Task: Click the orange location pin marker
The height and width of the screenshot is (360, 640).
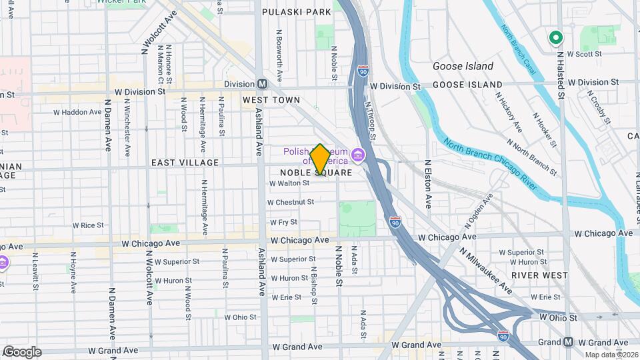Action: (320, 159)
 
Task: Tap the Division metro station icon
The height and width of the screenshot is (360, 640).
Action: (263, 83)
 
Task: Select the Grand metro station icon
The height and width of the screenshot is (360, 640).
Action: (567, 342)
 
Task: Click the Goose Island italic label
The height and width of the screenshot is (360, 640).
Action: (463, 66)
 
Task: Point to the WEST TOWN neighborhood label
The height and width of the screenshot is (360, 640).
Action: (271, 100)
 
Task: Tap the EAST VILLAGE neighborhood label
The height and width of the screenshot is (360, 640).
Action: (185, 163)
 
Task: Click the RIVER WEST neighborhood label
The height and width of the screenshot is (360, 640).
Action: (539, 275)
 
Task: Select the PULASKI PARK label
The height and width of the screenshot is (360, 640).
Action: (296, 12)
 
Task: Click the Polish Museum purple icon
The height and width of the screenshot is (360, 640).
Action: (358, 156)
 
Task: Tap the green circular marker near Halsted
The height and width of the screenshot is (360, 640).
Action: (555, 38)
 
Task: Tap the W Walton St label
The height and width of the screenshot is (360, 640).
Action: (289, 183)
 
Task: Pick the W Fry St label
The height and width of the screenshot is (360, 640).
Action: (283, 222)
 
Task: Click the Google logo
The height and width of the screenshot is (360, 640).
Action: (22, 351)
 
